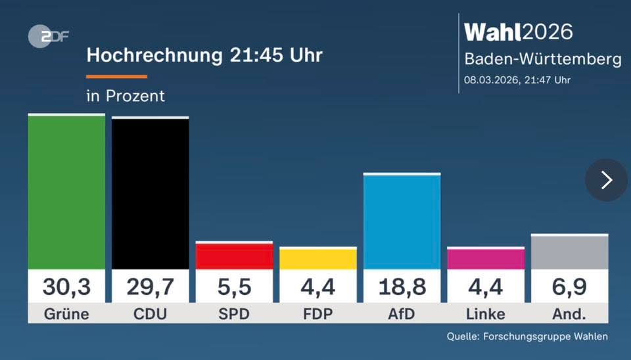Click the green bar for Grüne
(x=66, y=192)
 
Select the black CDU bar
(x=150, y=194)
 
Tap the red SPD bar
(x=234, y=256)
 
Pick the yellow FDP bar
(x=318, y=259)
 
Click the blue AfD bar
(x=402, y=222)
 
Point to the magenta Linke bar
(x=486, y=259)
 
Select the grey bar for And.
(x=569, y=252)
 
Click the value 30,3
(x=66, y=287)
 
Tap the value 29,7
(x=150, y=287)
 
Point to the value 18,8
(x=402, y=287)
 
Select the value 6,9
(x=569, y=287)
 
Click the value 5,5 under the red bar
(x=234, y=287)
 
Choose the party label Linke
(x=486, y=314)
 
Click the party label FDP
(x=318, y=314)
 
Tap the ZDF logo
(x=48, y=37)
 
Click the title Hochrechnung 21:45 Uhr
(x=204, y=55)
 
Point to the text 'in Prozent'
(x=126, y=96)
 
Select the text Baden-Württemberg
(x=542, y=59)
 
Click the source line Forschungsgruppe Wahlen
(x=527, y=337)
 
